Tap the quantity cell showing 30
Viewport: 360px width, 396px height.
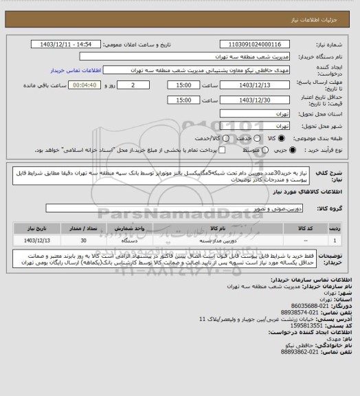coord(84,241)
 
